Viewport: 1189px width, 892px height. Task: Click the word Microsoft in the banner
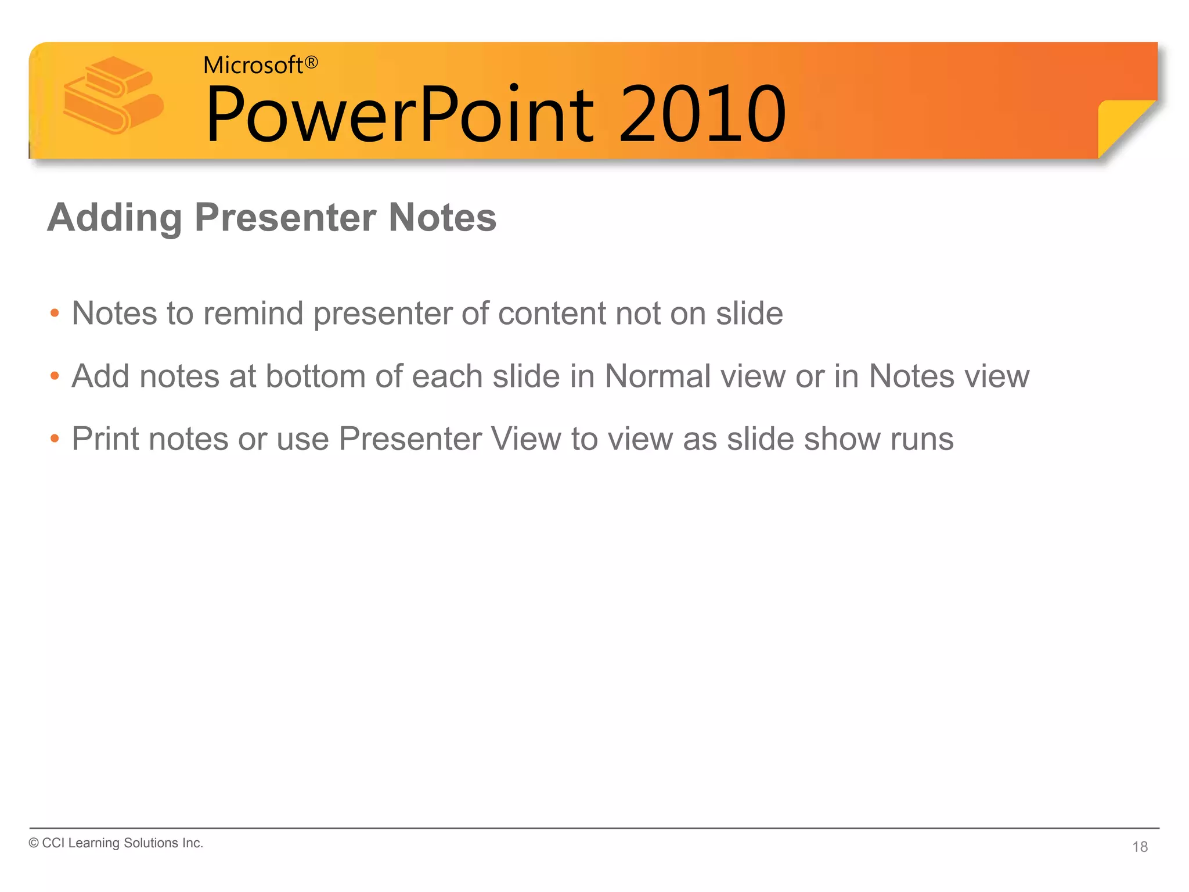coord(253,66)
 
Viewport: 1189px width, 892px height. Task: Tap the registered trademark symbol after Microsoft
coord(312,62)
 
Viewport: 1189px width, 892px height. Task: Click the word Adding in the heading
coord(114,218)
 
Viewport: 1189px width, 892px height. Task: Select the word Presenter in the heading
coord(285,218)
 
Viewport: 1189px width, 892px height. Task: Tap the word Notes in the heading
coord(442,218)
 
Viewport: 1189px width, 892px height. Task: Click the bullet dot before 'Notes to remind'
coord(55,314)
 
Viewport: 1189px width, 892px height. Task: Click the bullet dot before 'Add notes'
coord(55,376)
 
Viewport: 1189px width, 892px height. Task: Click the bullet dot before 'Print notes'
coord(55,439)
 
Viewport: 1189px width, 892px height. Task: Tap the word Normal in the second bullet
coord(657,376)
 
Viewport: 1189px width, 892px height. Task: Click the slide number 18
coord(1140,847)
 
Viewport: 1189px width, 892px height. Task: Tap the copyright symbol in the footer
coord(34,843)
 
